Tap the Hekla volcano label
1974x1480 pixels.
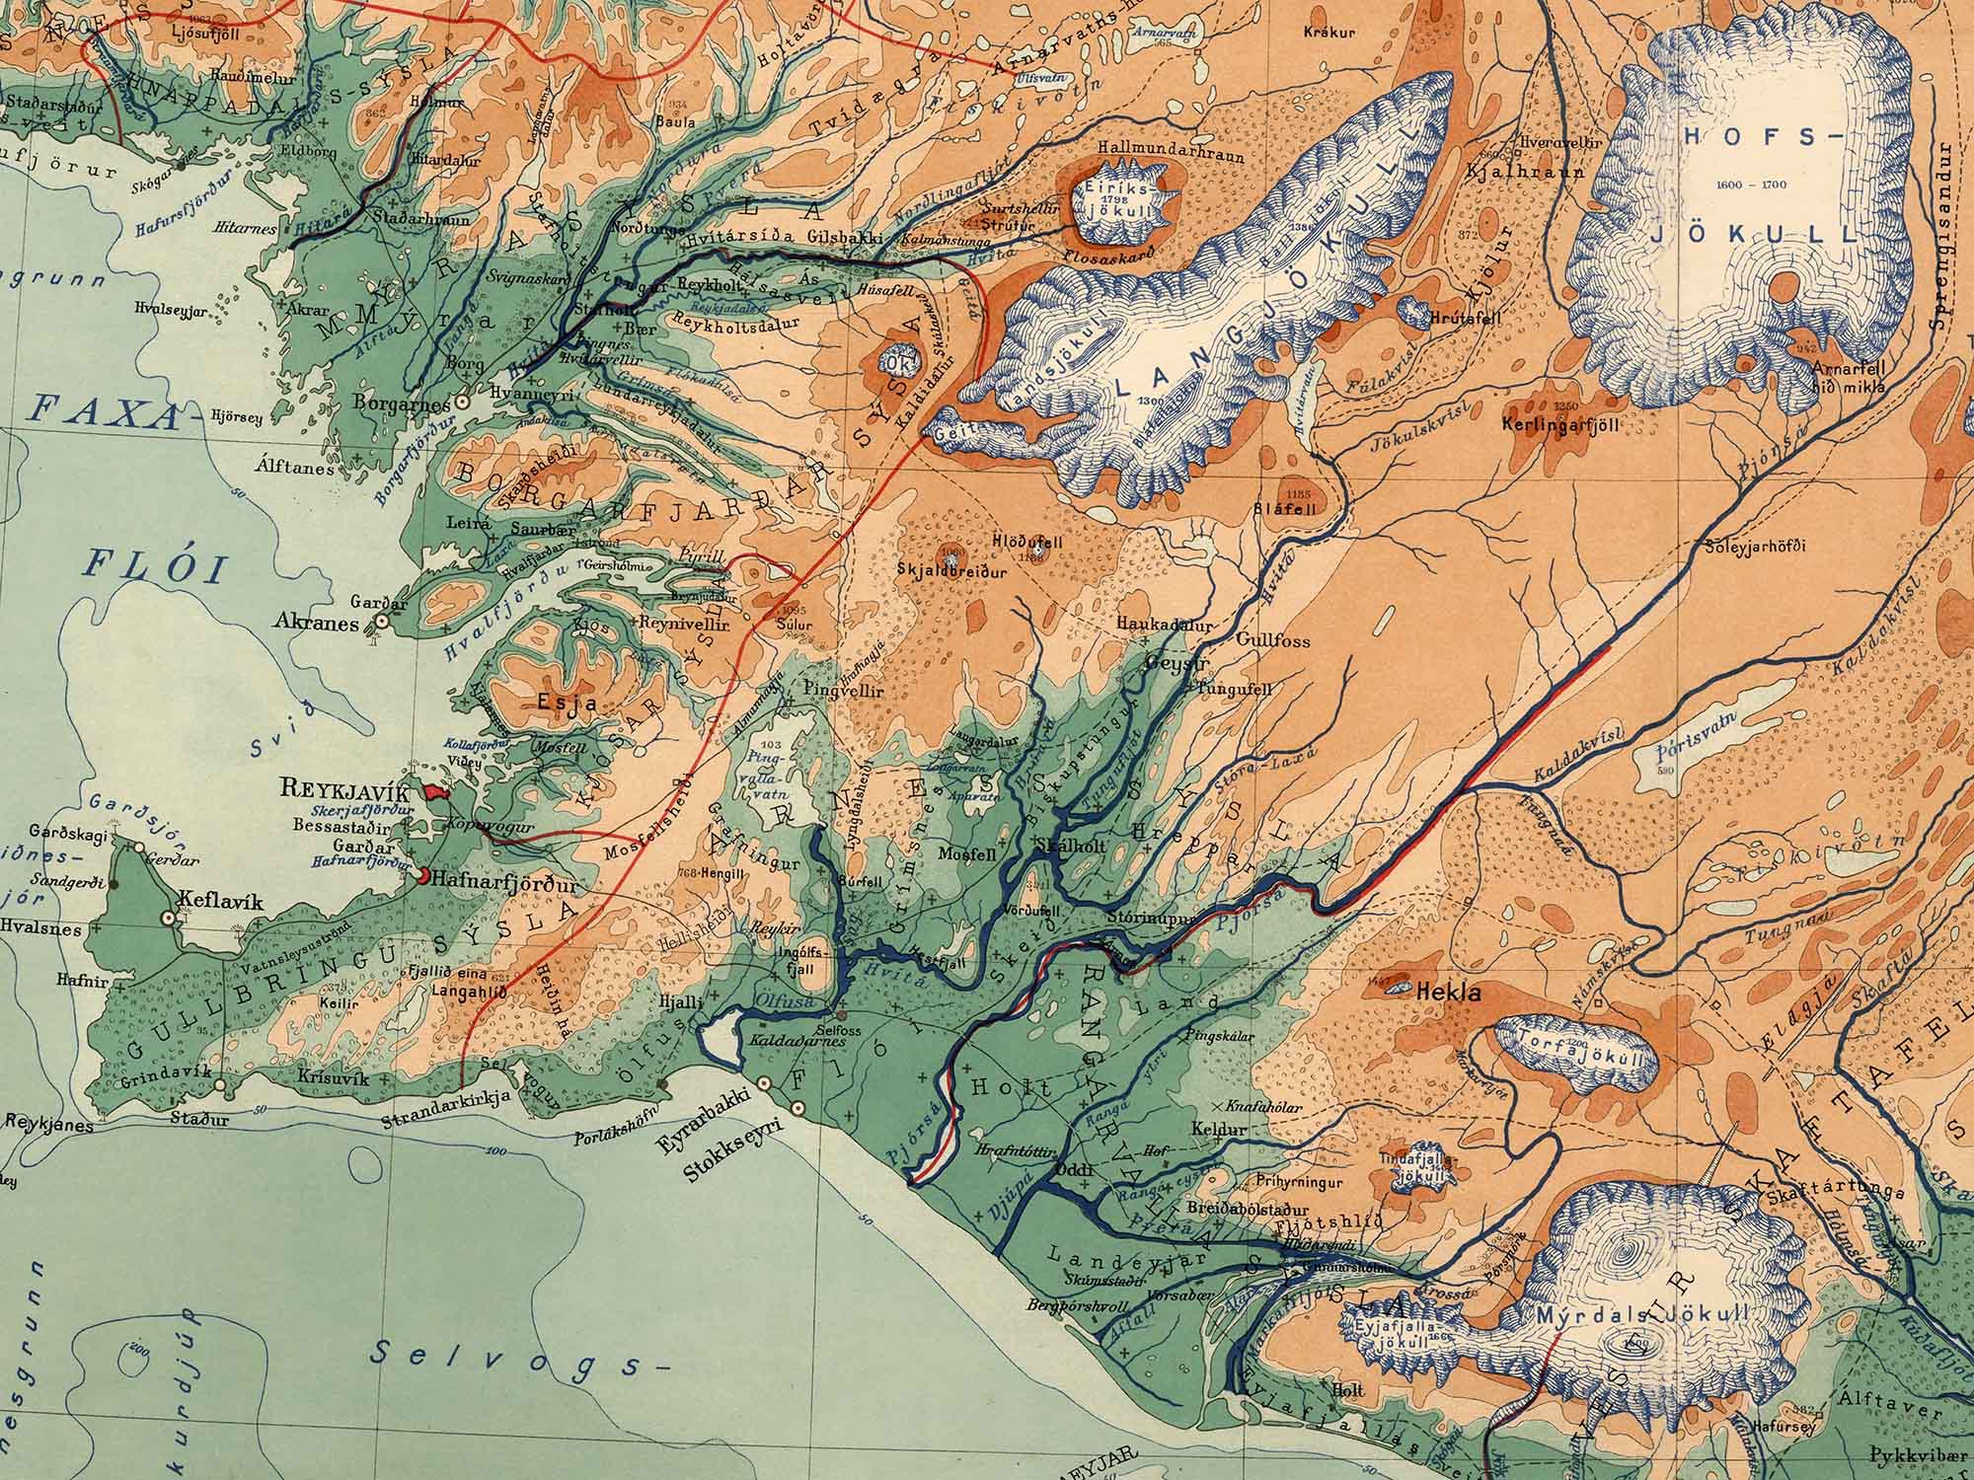point(1448,994)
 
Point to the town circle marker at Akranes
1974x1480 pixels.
point(380,622)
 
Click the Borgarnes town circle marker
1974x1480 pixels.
point(461,404)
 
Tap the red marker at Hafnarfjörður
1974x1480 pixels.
point(422,875)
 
